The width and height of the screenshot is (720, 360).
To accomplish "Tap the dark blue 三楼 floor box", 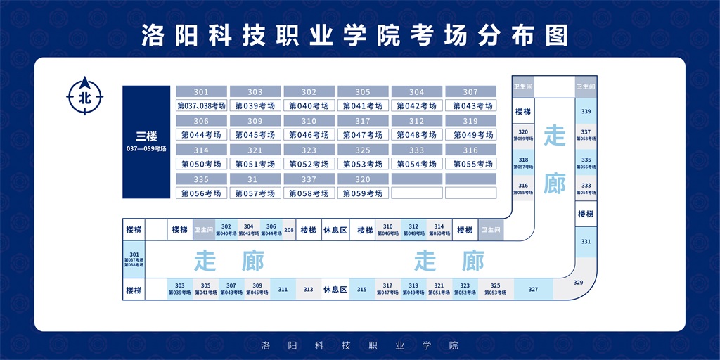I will click(x=146, y=141).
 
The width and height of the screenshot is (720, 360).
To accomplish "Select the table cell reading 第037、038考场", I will click(x=201, y=105).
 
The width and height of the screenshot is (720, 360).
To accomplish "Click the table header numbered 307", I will click(x=470, y=92).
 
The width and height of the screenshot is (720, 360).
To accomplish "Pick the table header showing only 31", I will click(x=255, y=179).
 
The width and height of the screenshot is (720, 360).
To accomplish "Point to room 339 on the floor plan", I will click(x=586, y=111).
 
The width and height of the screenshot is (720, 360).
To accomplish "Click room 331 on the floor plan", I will click(x=586, y=241).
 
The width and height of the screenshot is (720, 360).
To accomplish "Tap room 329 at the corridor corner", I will click(x=578, y=283).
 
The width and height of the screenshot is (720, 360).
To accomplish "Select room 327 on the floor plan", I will click(x=533, y=289).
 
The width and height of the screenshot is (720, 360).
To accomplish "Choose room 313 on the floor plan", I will click(x=308, y=289).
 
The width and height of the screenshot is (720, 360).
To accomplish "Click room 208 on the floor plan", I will click(x=289, y=230).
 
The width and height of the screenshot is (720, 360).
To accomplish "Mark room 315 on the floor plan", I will click(x=362, y=289).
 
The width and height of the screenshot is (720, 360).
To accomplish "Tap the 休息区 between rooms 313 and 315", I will click(x=335, y=289).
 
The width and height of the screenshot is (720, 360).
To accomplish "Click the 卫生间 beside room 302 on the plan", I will click(x=203, y=230).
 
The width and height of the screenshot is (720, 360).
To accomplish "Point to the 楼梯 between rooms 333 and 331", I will click(x=586, y=214).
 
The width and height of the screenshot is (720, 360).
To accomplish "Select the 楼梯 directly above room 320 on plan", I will click(x=522, y=111).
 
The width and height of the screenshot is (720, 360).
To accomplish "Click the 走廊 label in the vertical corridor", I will click(x=554, y=160).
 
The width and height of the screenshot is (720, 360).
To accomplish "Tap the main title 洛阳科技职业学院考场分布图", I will click(x=354, y=34).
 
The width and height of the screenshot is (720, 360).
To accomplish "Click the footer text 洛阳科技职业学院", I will click(x=359, y=345).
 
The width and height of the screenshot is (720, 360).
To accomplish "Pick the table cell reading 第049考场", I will click(x=470, y=134).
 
